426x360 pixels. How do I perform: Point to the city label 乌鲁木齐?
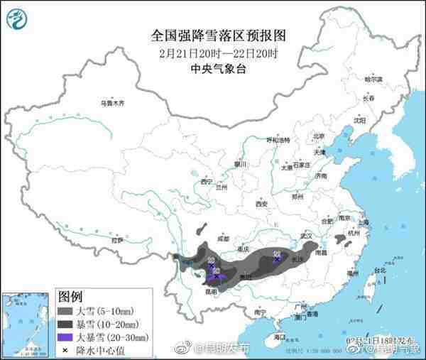[x=111, y=104]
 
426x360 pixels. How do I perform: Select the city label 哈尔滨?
[x=372, y=79]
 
